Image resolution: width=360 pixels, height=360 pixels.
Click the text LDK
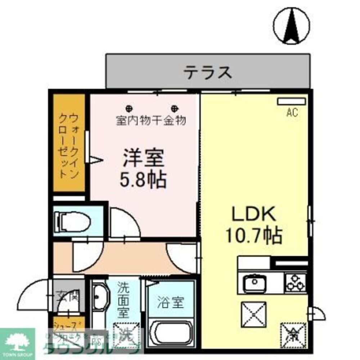tap(253, 215)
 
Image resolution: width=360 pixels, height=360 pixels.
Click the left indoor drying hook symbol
tap(129, 108)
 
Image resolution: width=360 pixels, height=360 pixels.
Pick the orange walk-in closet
tap(69, 143)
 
